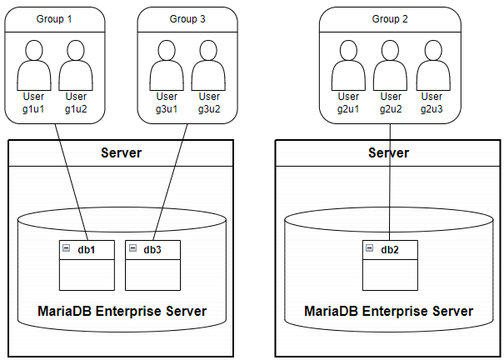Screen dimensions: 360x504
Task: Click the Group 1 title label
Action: click(x=54, y=18)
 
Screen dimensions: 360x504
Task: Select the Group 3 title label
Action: click(x=187, y=18)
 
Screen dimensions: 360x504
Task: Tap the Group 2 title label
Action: click(x=389, y=18)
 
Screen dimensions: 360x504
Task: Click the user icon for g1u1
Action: click(x=34, y=65)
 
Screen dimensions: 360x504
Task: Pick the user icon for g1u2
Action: click(x=76, y=65)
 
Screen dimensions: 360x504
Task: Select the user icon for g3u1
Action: click(x=166, y=65)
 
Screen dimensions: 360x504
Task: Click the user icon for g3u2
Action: click(x=208, y=65)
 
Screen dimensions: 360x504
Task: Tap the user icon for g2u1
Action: click(x=348, y=65)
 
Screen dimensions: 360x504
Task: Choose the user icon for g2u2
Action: click(x=390, y=65)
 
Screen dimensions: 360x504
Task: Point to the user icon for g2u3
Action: click(x=432, y=65)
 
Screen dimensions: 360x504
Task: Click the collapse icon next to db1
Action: click(x=65, y=249)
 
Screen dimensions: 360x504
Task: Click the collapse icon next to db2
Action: click(x=369, y=249)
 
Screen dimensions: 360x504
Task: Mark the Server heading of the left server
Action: click(x=121, y=153)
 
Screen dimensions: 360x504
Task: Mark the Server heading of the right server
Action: click(x=388, y=153)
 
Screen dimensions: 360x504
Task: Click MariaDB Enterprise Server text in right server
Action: click(x=388, y=312)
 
